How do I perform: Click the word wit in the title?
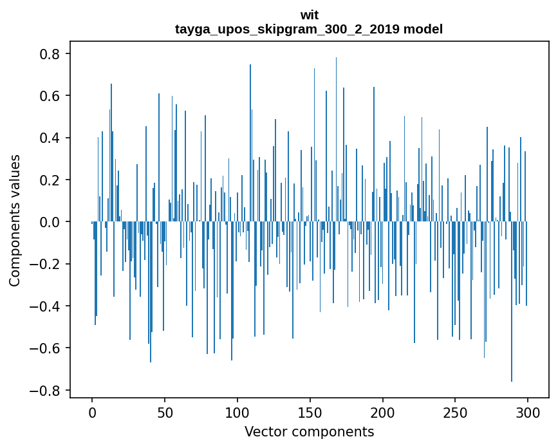click(x=309, y=15)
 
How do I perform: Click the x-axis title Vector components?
click(x=309, y=431)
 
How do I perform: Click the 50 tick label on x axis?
click(x=165, y=412)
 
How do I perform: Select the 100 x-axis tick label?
click(x=237, y=412)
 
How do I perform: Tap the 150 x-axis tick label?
click(x=310, y=412)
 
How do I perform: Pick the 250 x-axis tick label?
click(x=456, y=412)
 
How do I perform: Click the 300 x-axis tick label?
click(x=528, y=412)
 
